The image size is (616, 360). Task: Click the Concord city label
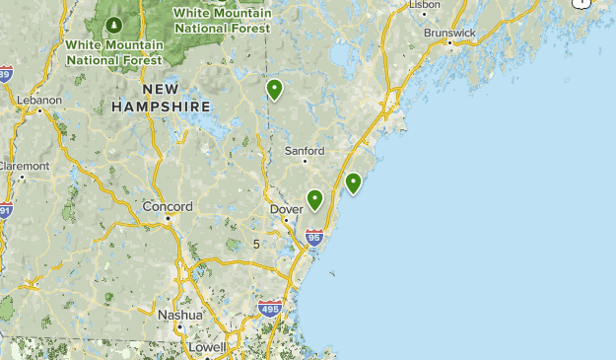coord(168,207)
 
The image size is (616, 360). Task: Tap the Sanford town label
coord(304,151)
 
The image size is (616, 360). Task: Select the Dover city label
coord(286,209)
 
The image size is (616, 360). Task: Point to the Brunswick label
coord(449,33)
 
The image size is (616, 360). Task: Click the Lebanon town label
coord(39,100)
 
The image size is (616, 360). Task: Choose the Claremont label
coord(23,166)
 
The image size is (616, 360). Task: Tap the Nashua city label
coord(179,315)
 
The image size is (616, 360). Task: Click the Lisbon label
coord(425,5)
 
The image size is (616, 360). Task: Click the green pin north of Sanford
coord(275,90)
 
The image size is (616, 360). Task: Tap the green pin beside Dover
coord(314,199)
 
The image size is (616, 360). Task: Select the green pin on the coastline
coord(353,182)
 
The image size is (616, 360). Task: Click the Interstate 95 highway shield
coord(314,237)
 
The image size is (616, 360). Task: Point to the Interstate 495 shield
coord(269,309)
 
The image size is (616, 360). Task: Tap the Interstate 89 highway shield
coord(5,74)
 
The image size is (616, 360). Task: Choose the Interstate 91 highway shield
coord(5,210)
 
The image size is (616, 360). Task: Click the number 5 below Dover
coord(256,244)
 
